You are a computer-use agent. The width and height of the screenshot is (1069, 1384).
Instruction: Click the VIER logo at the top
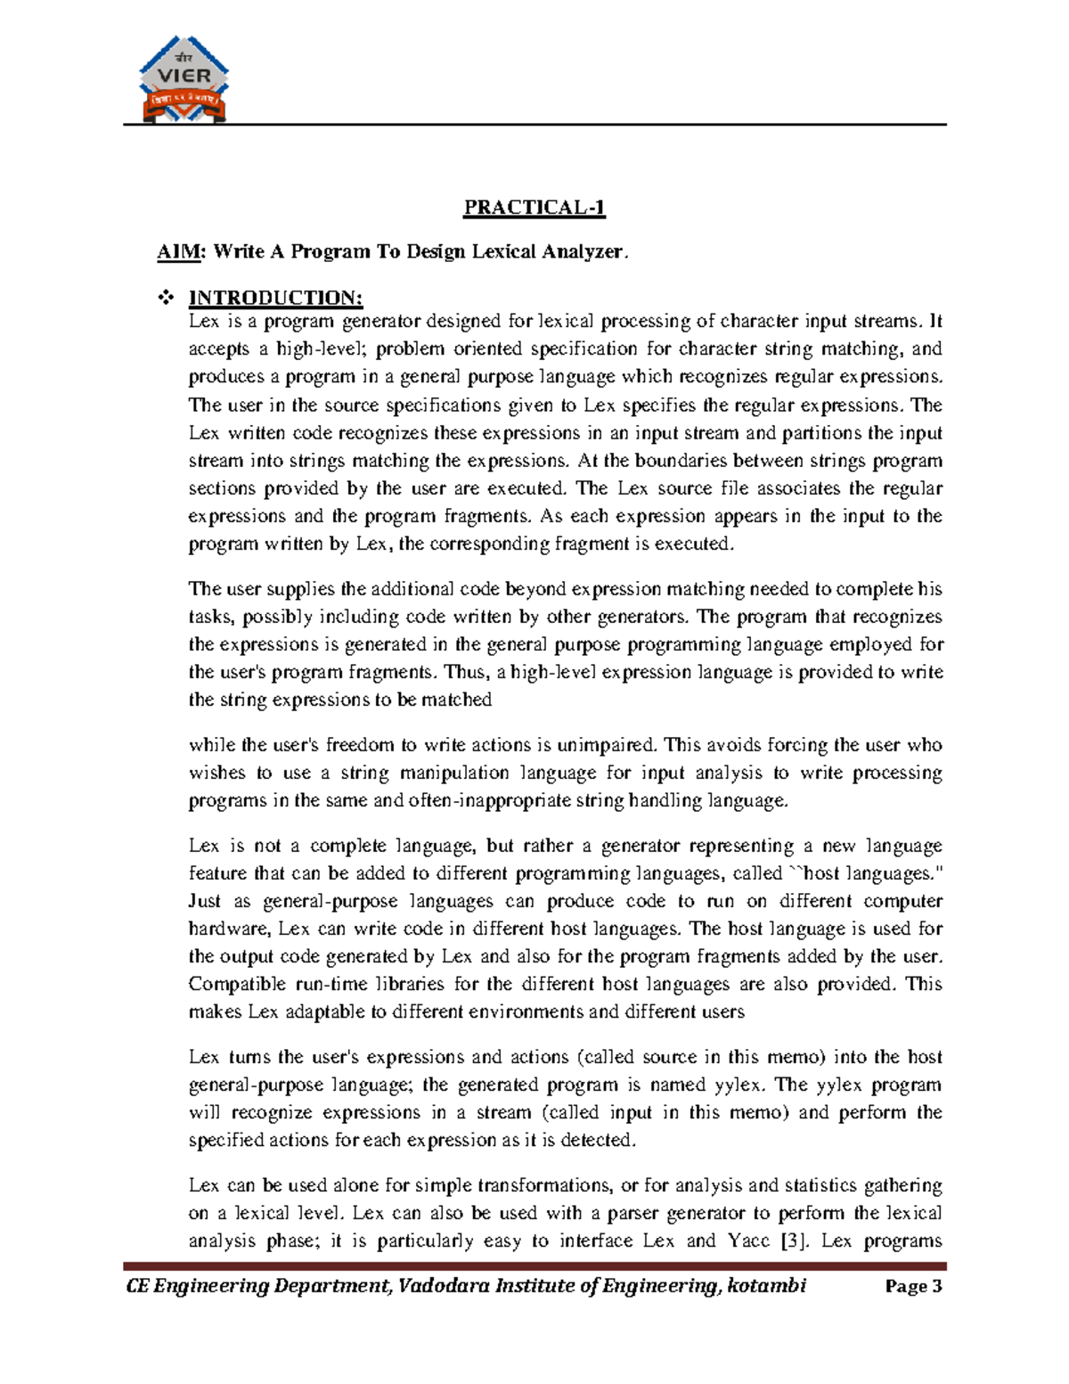[x=184, y=79]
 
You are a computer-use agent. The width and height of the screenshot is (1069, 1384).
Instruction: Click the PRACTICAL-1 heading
[x=534, y=208]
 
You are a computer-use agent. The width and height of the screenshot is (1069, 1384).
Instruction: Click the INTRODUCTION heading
[x=275, y=298]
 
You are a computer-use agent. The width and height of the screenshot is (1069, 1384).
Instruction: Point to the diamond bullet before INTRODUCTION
[x=165, y=298]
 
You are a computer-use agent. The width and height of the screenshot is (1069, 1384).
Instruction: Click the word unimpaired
[x=606, y=745]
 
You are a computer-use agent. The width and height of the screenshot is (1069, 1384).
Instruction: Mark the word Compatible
[x=231, y=984]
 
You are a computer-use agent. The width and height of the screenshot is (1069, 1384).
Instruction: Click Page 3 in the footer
[x=913, y=1286]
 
